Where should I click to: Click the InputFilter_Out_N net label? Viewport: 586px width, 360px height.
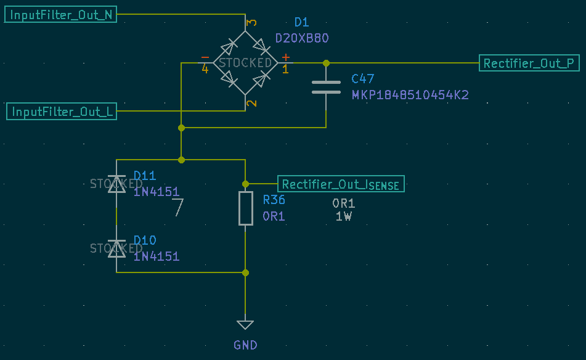click(x=61, y=15)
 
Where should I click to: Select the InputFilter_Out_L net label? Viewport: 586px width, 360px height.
click(x=62, y=112)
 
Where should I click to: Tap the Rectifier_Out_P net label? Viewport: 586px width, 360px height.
click(x=530, y=63)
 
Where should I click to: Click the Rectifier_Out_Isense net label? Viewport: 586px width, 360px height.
click(x=341, y=184)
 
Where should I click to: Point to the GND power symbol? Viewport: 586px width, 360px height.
click(x=245, y=325)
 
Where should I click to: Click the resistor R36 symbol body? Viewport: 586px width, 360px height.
click(x=245, y=208)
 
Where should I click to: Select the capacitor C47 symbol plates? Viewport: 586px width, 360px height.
click(x=326, y=88)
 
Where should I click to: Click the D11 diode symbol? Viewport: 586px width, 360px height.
click(x=116, y=183)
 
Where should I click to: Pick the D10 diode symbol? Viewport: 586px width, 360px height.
click(x=116, y=248)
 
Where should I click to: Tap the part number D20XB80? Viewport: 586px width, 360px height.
click(x=302, y=38)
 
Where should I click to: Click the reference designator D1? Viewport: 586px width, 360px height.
click(x=301, y=22)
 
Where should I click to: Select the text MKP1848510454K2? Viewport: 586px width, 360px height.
click(x=410, y=95)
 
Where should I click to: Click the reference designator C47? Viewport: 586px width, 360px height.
click(x=363, y=79)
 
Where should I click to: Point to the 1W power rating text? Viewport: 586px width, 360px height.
click(x=343, y=216)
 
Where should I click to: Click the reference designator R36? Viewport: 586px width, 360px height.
click(x=274, y=200)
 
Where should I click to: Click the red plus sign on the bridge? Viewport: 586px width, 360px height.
click(x=285, y=57)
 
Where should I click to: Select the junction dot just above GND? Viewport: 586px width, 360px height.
click(x=245, y=272)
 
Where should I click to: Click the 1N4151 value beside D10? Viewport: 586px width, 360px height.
click(x=157, y=256)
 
